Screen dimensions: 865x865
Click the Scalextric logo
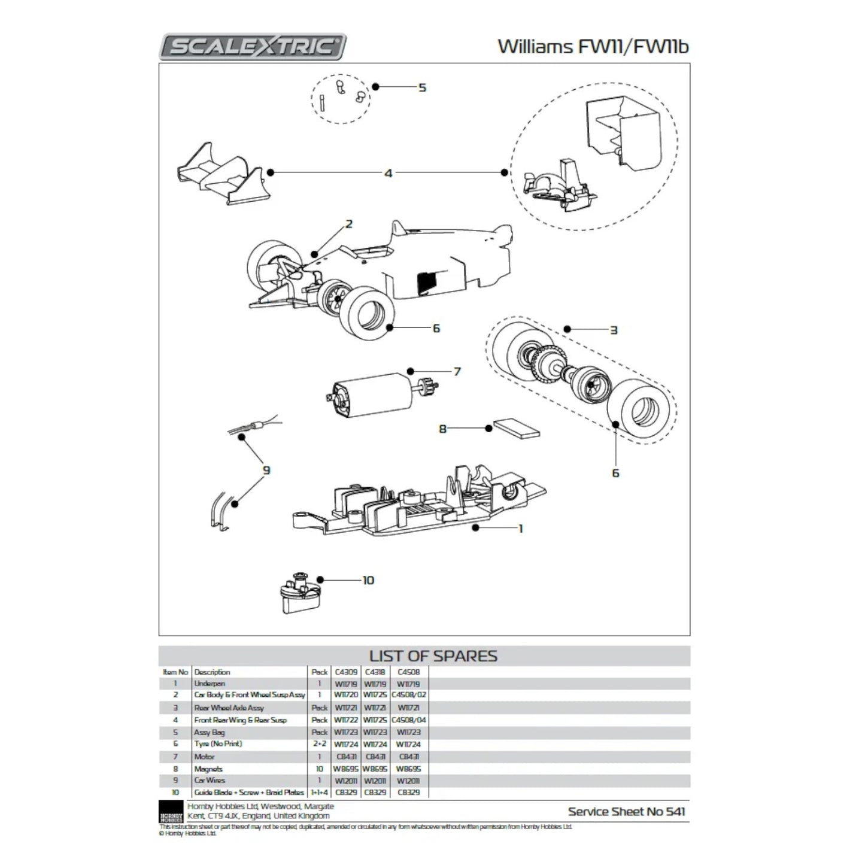coord(252,47)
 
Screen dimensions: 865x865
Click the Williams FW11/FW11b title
coord(593,47)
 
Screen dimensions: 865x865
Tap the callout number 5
coord(422,87)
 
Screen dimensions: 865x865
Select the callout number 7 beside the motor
coord(457,372)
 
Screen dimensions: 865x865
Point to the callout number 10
coord(368,580)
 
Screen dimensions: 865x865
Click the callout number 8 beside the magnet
coord(443,429)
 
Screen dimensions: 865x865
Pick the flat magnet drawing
coord(516,428)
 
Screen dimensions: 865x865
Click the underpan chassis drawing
coord(419,503)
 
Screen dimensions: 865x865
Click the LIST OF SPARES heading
coord(433,656)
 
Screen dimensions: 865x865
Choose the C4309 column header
coord(346,672)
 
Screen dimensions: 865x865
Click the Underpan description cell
coord(210,684)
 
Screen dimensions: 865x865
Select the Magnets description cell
coord(208,769)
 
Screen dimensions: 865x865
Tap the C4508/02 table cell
coord(409,695)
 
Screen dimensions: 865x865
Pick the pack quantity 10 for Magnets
coord(320,769)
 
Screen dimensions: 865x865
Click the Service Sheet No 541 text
coord(626,812)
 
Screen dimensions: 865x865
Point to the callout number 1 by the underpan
coord(520,529)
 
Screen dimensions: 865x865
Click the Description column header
coord(212,672)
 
